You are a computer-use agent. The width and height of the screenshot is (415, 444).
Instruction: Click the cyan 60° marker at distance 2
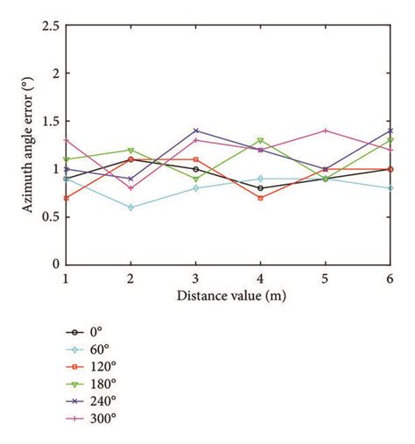pos(131,207)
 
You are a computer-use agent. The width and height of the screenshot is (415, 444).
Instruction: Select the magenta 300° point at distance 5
pos(326,130)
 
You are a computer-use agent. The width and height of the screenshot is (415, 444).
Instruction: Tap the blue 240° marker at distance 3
pos(196,130)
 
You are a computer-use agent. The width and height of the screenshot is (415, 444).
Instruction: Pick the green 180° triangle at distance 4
pos(261,140)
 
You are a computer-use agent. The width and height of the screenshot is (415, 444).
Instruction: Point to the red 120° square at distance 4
pos(261,198)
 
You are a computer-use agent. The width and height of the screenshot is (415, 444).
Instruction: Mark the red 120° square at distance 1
pos(67,198)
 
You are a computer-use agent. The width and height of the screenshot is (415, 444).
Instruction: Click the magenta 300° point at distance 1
pos(67,140)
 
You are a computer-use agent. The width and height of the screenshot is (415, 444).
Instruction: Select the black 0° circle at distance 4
pos(261,188)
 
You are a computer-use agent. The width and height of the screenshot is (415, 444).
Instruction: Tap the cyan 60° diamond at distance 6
pos(390,188)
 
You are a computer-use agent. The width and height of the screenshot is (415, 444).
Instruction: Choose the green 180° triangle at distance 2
pos(131,150)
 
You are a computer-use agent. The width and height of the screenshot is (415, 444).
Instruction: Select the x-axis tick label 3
pos(196,277)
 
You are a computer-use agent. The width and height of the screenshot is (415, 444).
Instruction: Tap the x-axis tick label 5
pos(326,277)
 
